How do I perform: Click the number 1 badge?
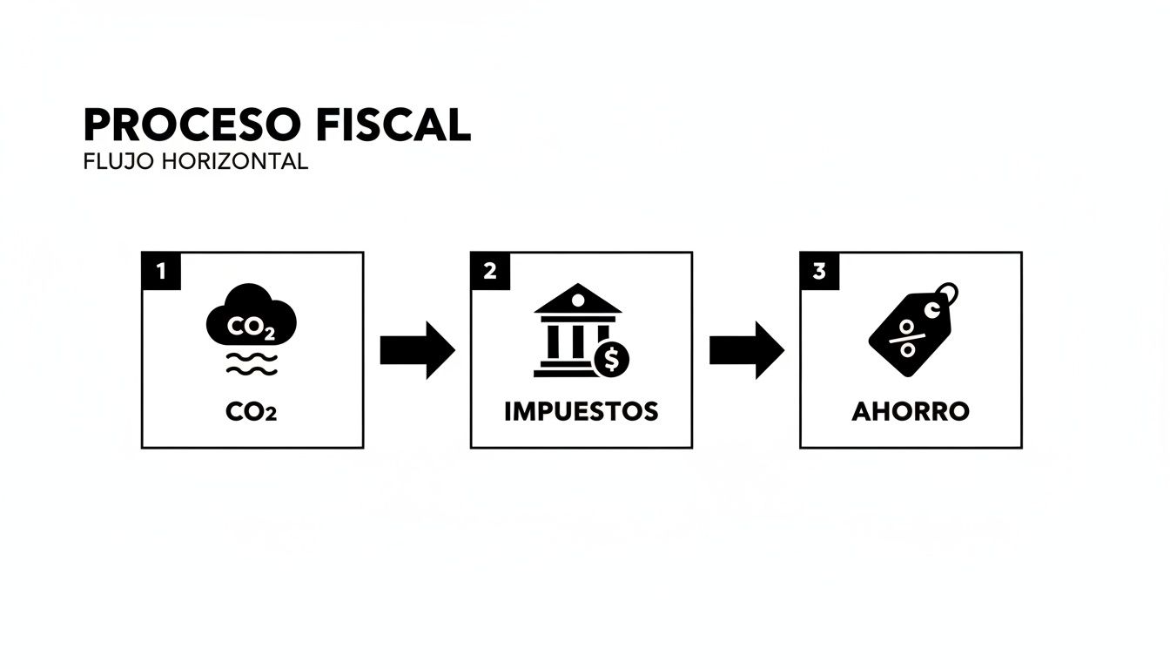point(160,271)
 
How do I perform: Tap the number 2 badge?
point(489,271)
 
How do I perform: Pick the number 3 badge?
point(818,271)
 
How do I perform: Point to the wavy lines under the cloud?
point(251,365)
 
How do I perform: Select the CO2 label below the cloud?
point(251,412)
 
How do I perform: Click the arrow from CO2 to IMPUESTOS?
point(417,350)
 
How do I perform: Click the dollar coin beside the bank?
point(612,358)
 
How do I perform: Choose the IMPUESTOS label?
point(582,412)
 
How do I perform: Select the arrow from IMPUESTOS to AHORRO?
point(746,350)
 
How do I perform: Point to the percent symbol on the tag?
point(907,338)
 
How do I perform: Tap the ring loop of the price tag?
point(947,293)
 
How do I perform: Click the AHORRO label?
point(911,412)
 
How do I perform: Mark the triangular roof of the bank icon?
point(577,299)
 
